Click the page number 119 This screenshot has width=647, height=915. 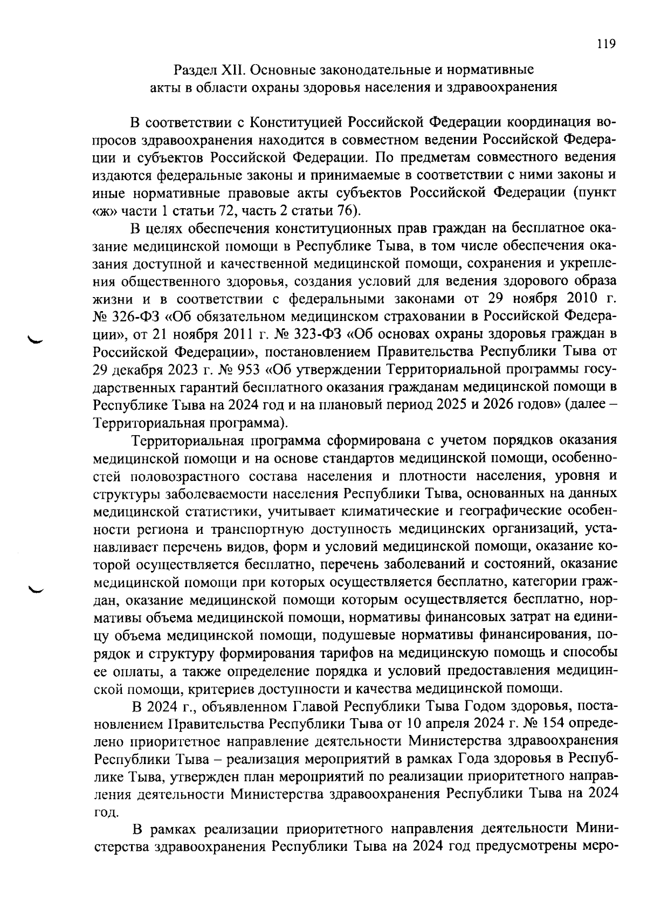point(606,44)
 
